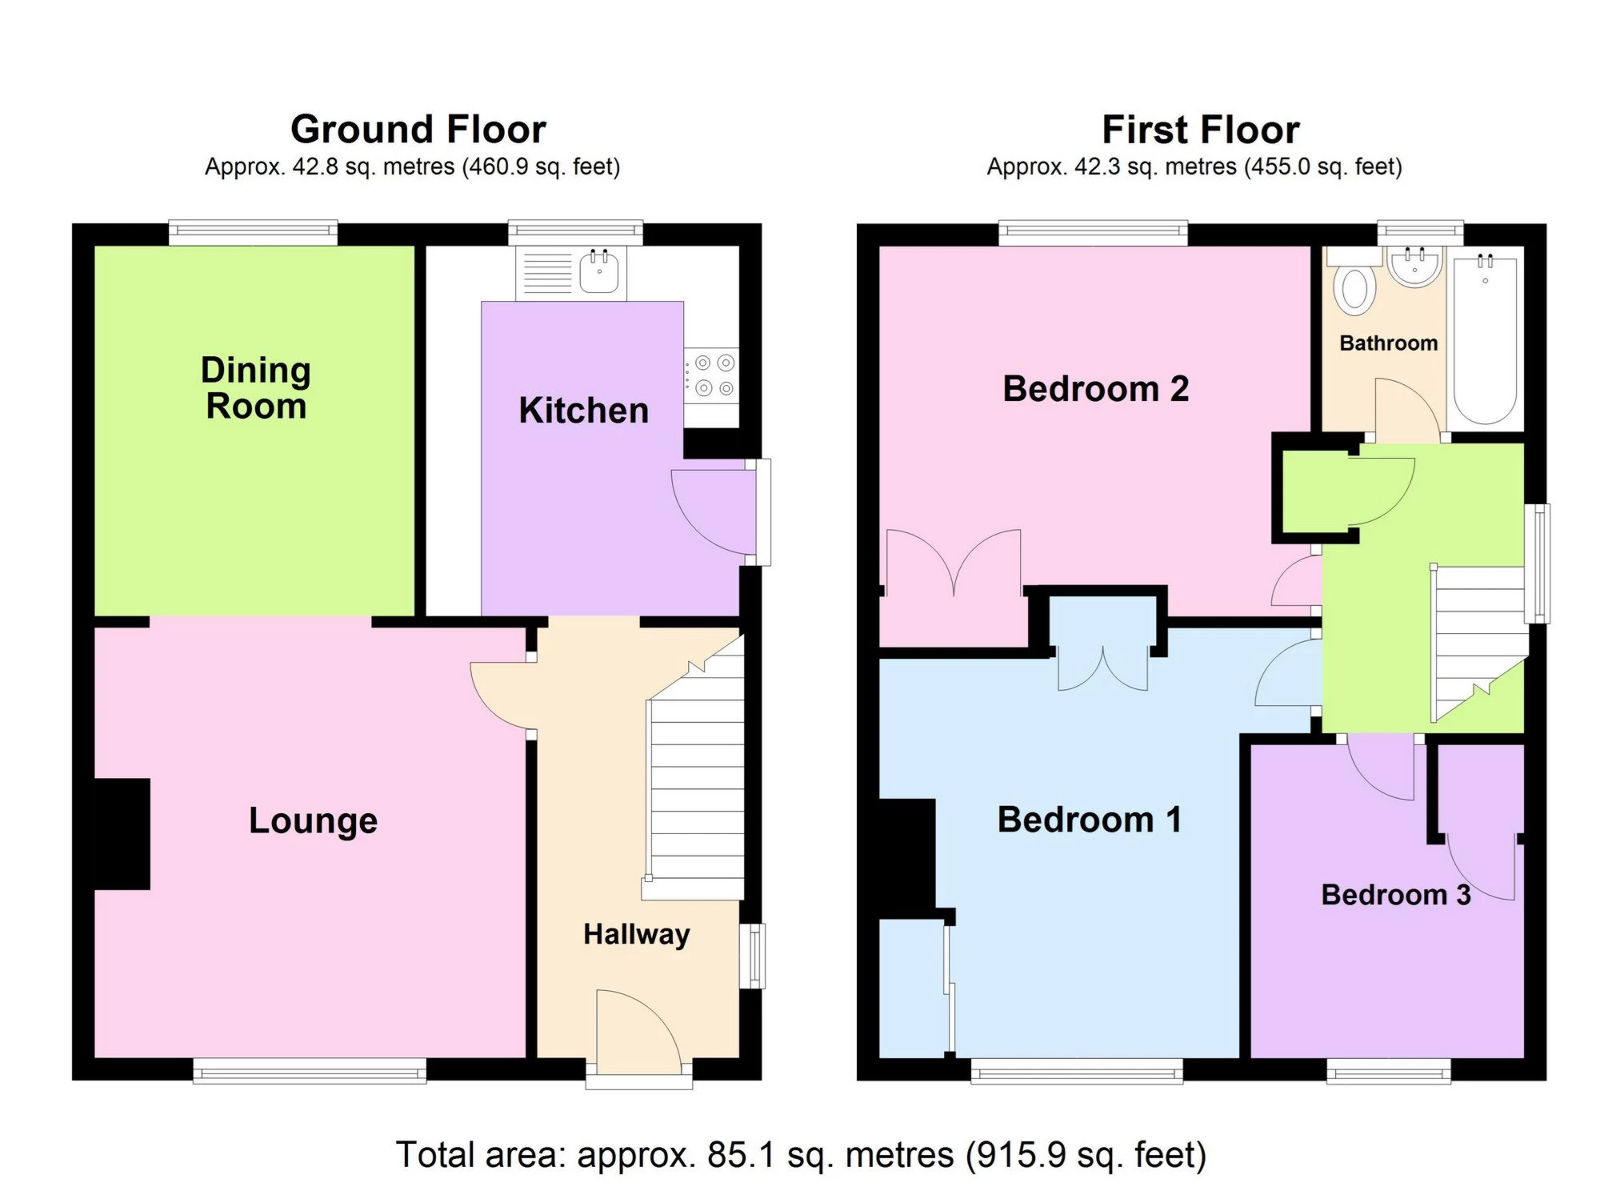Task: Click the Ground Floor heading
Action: pyautogui.click(x=418, y=130)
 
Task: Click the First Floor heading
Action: pyautogui.click(x=1200, y=130)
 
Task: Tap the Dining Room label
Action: pyautogui.click(x=256, y=388)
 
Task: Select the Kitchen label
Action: pyautogui.click(x=583, y=411)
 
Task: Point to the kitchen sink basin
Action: pyautogui.click(x=598, y=272)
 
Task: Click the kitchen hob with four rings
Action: pyautogui.click(x=713, y=375)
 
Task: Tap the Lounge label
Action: pyautogui.click(x=313, y=820)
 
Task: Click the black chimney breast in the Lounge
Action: pyautogui.click(x=122, y=833)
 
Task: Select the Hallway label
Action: pyautogui.click(x=636, y=934)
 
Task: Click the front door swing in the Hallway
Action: pyautogui.click(x=636, y=1033)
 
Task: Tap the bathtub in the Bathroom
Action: pyautogui.click(x=1485, y=340)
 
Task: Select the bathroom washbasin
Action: pyautogui.click(x=1414, y=266)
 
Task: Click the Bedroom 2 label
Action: pyautogui.click(x=1095, y=389)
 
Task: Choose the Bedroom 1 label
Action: pyautogui.click(x=1089, y=820)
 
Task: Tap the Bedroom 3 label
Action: pyautogui.click(x=1395, y=895)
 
